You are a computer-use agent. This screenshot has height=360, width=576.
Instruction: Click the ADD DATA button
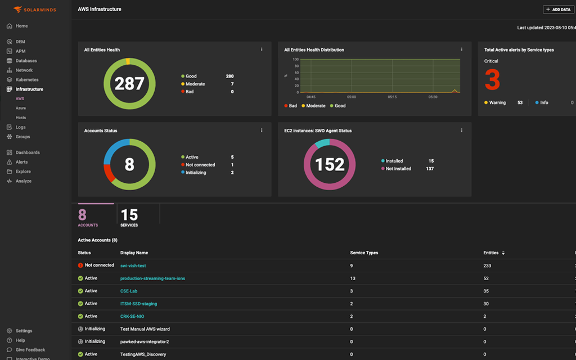tap(559, 10)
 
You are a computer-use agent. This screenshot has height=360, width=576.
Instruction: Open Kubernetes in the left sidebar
tap(26, 80)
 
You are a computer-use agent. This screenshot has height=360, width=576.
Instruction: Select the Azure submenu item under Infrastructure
tap(21, 108)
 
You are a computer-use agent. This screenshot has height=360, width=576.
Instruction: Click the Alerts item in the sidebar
tap(21, 162)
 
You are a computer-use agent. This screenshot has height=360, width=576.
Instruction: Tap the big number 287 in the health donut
tap(129, 84)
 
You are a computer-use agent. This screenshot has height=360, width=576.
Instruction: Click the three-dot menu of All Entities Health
tap(262, 49)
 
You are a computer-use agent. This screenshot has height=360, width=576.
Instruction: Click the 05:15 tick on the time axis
tap(392, 97)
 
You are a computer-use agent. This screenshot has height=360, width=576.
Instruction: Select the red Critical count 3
tap(492, 80)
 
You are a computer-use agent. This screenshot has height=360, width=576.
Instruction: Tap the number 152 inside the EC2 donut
tap(330, 164)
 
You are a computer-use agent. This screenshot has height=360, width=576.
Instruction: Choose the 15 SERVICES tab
tap(129, 217)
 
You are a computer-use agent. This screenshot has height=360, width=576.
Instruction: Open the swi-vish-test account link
tap(133, 265)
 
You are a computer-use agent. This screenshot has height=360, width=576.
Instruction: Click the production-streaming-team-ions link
tap(152, 278)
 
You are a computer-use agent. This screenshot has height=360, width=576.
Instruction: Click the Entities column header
tap(490, 253)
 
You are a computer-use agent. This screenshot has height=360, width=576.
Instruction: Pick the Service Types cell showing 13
tap(353, 278)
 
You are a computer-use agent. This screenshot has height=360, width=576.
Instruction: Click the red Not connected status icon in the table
tap(81, 265)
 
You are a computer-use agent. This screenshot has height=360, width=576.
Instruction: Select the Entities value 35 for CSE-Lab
tap(487, 291)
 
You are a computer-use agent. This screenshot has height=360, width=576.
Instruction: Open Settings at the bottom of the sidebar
tap(24, 331)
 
